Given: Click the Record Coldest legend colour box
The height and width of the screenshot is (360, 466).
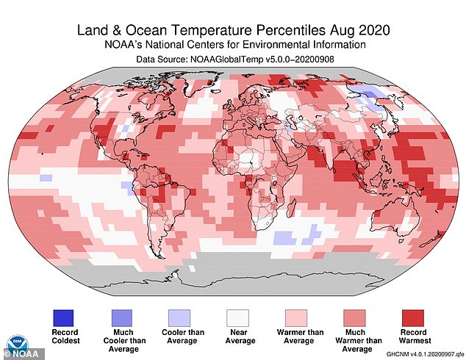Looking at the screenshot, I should point(63,317).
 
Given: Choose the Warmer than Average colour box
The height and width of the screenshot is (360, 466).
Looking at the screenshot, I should point(301,317).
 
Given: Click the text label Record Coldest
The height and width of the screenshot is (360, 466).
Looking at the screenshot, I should point(63,337).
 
